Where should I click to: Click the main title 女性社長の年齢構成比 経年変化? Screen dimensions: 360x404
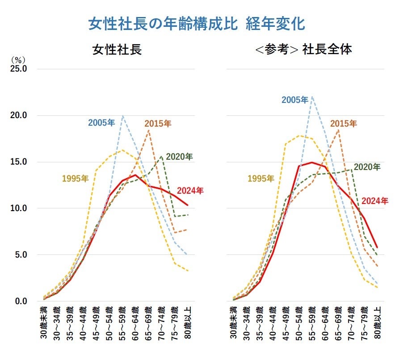[x=197, y=24]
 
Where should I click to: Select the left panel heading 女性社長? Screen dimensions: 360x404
[x=117, y=49]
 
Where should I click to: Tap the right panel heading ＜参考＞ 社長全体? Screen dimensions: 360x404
[x=303, y=49]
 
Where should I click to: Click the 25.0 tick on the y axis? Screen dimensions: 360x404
[x=19, y=69]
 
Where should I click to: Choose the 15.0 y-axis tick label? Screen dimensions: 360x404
[x=19, y=162]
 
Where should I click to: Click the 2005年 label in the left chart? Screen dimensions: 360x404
[x=101, y=122]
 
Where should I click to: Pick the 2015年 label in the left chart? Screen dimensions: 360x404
[x=158, y=123]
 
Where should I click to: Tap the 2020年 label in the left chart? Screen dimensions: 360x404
[x=179, y=157]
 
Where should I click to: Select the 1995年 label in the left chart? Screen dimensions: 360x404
[x=75, y=179]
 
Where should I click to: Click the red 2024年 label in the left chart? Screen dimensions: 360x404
[x=190, y=191]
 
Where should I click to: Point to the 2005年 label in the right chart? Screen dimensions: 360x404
[x=295, y=99]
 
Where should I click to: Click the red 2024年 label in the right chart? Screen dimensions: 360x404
[x=375, y=201]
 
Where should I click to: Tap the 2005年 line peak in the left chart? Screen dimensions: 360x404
[x=122, y=116]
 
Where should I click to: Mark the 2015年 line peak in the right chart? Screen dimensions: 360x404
[x=338, y=130]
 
